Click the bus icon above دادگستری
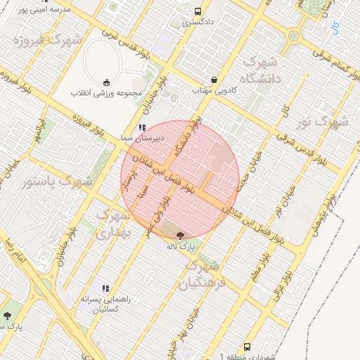pos(198,12)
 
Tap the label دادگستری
pos(198,22)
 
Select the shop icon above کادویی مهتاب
pos(214,79)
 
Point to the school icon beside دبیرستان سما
pos(142,128)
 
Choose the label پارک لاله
pos(179,247)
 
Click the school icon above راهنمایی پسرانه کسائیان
pos(105,288)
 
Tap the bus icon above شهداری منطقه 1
pos(247,347)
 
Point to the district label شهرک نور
pos(322,122)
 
